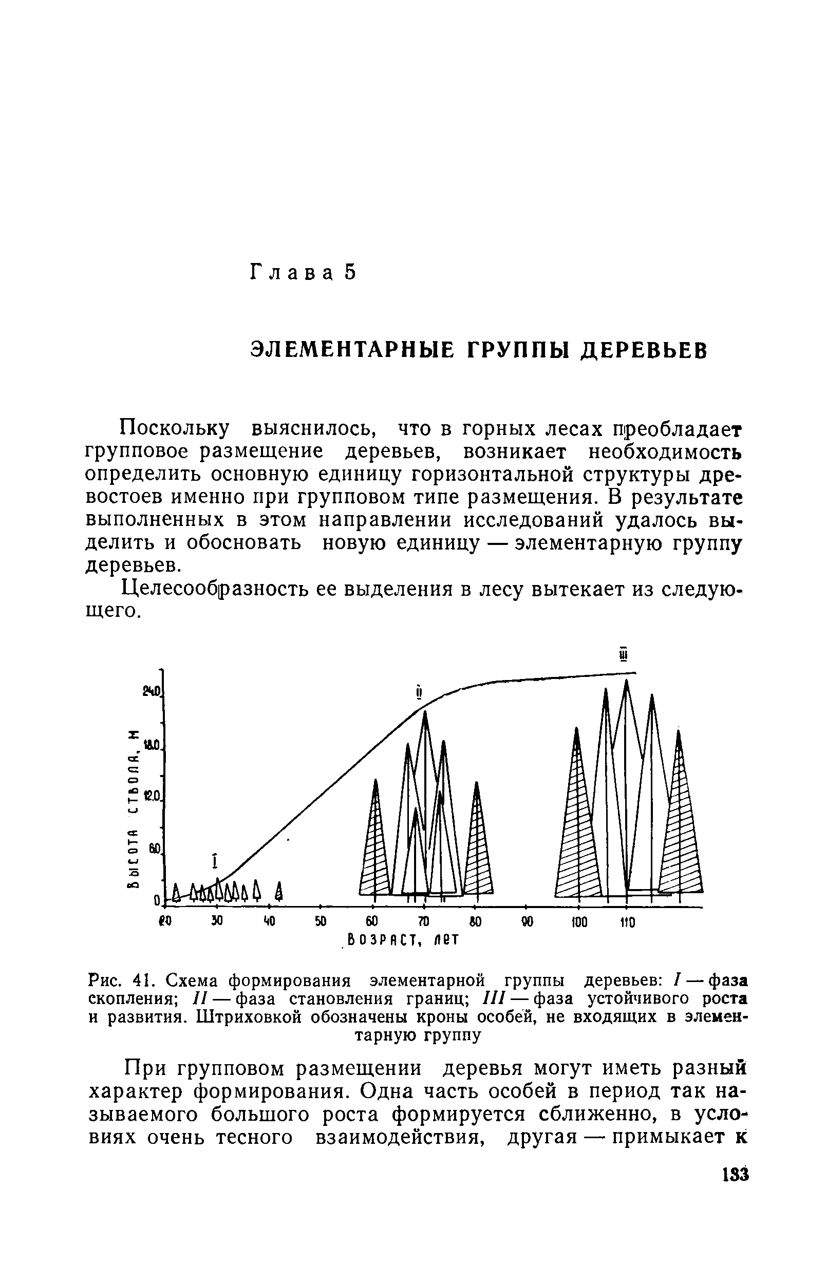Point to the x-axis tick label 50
click(x=321, y=921)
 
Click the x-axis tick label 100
click(x=579, y=922)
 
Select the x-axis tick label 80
click(x=476, y=921)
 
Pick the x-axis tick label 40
click(x=269, y=921)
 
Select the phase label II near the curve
click(x=419, y=694)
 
